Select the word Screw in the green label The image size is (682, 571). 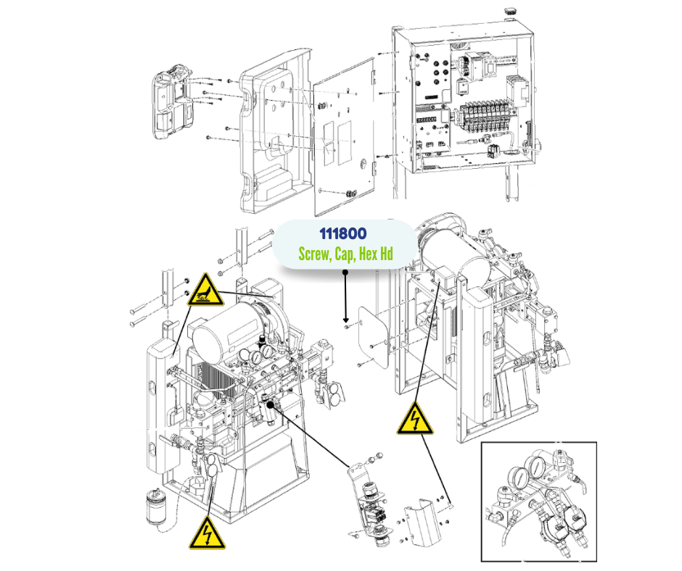(x=316, y=254)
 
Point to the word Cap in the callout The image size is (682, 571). (x=346, y=254)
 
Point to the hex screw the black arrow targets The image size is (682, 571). (x=347, y=327)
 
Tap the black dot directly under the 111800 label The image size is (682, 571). (x=346, y=272)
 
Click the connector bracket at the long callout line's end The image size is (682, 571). (x=371, y=500)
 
